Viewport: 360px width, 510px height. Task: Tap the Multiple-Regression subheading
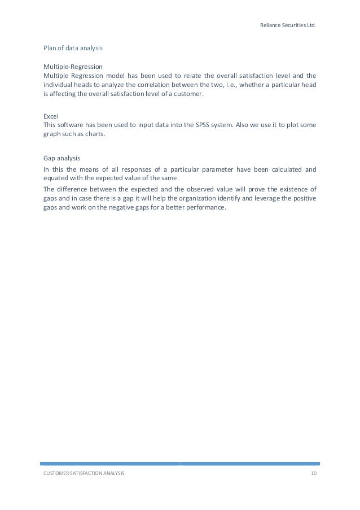[73, 67]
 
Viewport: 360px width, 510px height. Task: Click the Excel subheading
[51, 116]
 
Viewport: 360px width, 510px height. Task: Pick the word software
[72, 125]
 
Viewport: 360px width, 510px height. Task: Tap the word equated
[56, 178]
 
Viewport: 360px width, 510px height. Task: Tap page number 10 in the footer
[314, 473]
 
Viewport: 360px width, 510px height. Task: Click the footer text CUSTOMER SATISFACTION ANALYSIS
[84, 473]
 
